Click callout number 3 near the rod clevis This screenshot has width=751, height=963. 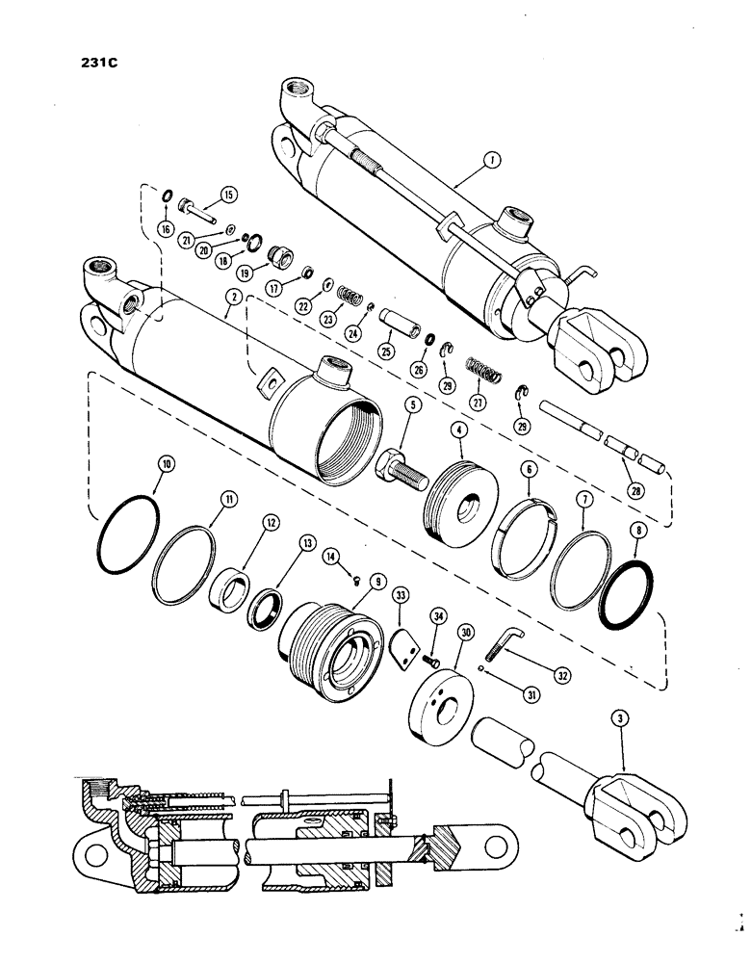pyautogui.click(x=621, y=718)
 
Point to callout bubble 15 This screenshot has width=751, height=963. pyautogui.click(x=229, y=195)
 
